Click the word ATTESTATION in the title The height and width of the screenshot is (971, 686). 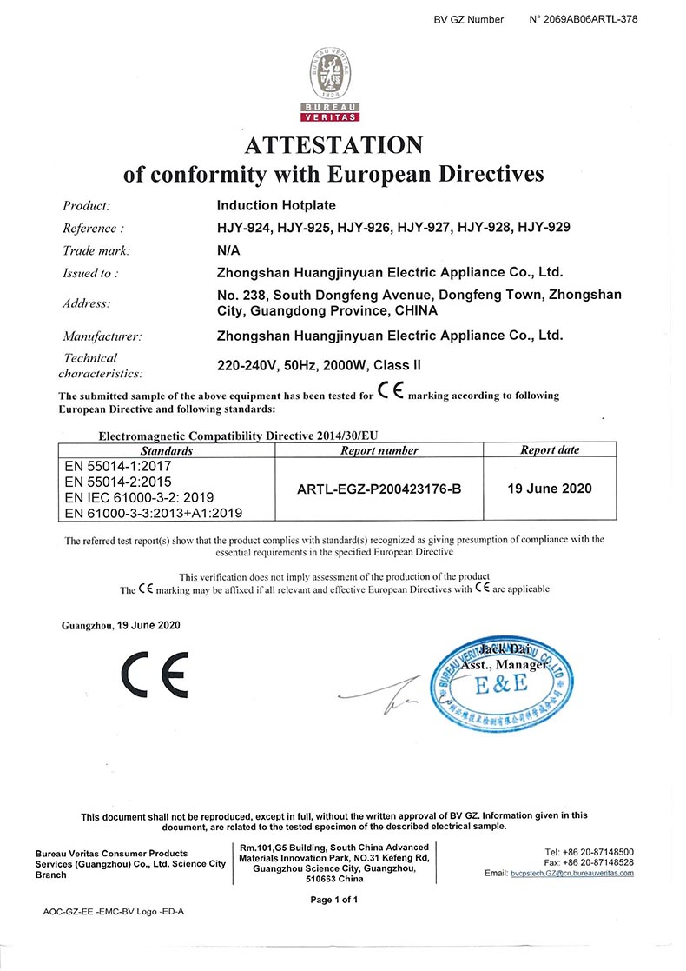pos(333,144)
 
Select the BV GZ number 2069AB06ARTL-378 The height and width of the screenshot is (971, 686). pos(590,19)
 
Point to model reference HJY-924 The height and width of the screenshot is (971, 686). pos(246,228)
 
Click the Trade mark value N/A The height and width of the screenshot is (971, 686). pos(228,250)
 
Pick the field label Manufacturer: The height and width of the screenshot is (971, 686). pos(102,335)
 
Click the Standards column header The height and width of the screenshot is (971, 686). pos(166,450)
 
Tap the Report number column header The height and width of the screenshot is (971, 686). pos(379,450)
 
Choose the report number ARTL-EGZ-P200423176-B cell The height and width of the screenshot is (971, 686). pos(379,489)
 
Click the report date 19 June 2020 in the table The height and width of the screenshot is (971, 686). pos(549,488)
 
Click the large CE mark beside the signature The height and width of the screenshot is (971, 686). pos(154,675)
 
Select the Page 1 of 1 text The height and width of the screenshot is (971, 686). pos(333,900)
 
